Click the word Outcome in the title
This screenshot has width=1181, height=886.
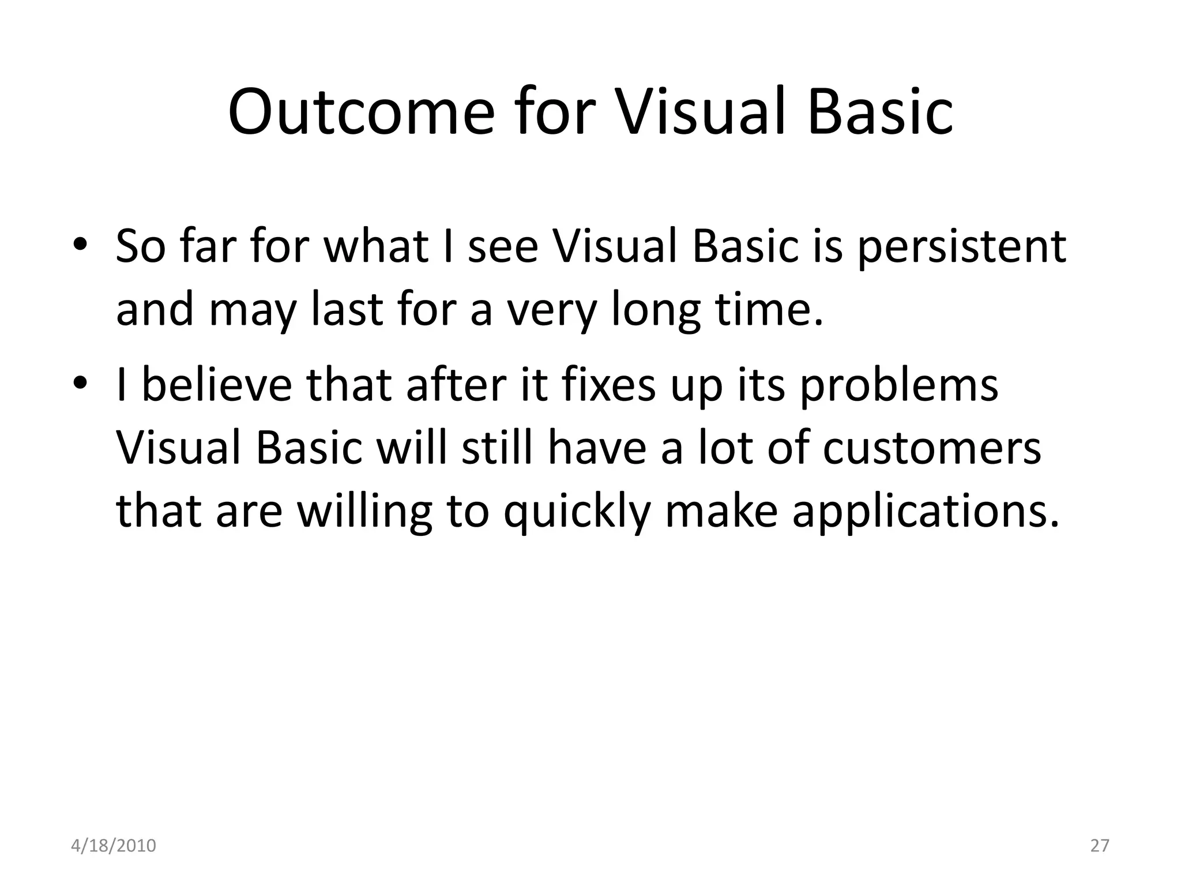[x=361, y=112]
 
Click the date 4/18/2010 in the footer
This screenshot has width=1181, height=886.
[x=114, y=846]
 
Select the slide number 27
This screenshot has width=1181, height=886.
[x=1100, y=846]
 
